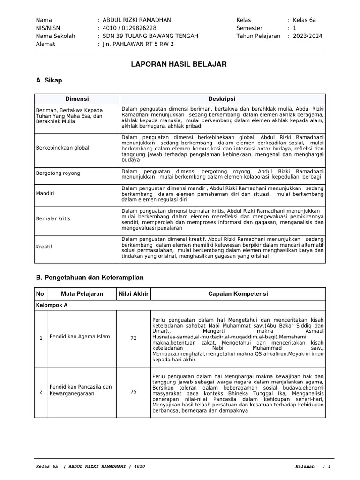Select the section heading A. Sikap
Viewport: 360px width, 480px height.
click(x=49, y=80)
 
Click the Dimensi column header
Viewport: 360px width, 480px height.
click(x=77, y=99)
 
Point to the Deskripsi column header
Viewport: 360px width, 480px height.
click(x=222, y=99)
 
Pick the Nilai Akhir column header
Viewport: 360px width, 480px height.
click(x=134, y=294)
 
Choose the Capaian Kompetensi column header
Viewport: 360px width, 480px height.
click(x=238, y=294)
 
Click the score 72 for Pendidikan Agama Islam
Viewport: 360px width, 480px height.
click(x=134, y=337)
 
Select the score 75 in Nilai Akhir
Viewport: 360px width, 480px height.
click(x=134, y=392)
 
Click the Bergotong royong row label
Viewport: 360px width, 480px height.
click(x=58, y=173)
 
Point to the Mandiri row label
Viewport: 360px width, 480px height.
click(x=45, y=193)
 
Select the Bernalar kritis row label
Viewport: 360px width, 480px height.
click(x=53, y=218)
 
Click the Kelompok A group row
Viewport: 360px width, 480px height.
click(x=52, y=305)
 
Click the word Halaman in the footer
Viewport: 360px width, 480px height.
click(x=306, y=467)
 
